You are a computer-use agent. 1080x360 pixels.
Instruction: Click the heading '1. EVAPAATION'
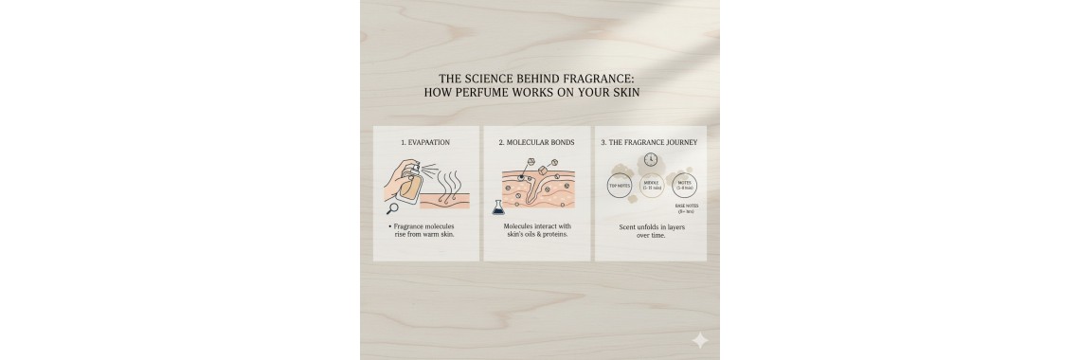point(425,143)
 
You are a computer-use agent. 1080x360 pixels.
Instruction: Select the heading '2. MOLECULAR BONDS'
point(536,143)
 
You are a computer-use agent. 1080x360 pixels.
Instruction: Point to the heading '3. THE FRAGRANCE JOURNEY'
point(650,143)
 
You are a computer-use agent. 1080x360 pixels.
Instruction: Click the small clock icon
point(651,160)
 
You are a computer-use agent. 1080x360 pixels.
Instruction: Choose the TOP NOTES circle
point(620,187)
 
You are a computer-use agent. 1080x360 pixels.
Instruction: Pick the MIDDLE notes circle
point(652,186)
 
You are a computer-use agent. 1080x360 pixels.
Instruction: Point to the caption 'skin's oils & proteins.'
point(537,235)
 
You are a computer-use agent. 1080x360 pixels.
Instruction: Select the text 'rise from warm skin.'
point(424,235)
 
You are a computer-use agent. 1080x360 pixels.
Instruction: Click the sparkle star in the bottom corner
point(699,340)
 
